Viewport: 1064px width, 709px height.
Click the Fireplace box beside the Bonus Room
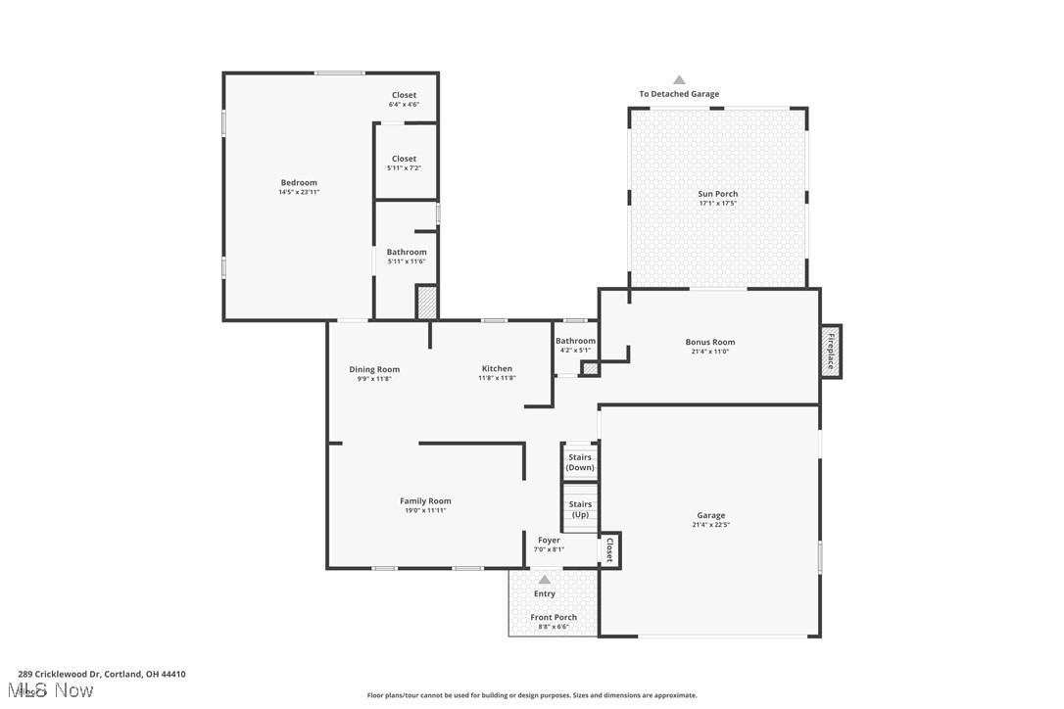(831, 351)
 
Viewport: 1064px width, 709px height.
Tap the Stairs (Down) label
(580, 462)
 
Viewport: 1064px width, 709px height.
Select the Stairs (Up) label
(580, 509)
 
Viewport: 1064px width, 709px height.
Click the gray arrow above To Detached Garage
(679, 80)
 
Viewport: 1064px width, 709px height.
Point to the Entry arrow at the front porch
(545, 580)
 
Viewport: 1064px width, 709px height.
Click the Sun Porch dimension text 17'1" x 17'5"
(718, 204)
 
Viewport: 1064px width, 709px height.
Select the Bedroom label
(299, 183)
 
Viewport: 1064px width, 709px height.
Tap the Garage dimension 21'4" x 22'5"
(710, 525)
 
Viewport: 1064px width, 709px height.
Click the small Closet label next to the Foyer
(609, 549)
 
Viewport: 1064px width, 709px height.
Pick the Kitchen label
(497, 368)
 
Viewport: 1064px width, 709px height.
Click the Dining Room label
(374, 369)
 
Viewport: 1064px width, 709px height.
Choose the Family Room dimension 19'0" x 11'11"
(425, 510)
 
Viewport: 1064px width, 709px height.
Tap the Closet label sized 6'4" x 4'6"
(404, 95)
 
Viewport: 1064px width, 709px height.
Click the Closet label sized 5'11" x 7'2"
(404, 159)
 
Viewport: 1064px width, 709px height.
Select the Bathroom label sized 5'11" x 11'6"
(406, 252)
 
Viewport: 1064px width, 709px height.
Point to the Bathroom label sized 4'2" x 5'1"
(577, 341)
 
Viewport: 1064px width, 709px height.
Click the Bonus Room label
(710, 342)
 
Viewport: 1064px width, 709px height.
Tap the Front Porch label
(554, 617)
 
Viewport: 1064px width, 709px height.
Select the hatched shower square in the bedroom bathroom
(426, 302)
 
